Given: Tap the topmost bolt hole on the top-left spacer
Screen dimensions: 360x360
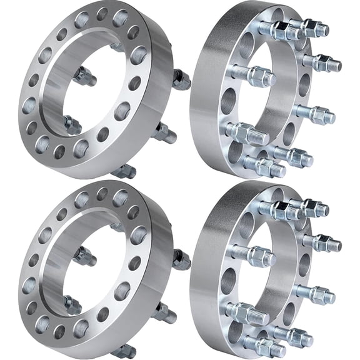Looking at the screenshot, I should pos(101,13).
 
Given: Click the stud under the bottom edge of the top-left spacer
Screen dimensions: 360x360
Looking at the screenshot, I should pos(125,170).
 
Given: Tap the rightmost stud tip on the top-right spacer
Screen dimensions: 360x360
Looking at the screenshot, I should pos(337,64).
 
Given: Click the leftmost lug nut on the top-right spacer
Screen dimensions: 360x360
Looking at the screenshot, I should pos(254,75).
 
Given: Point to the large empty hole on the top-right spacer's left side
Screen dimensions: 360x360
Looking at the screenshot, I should pos(228,100).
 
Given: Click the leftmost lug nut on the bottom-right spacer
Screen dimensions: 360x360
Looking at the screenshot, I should pos(254,255).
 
